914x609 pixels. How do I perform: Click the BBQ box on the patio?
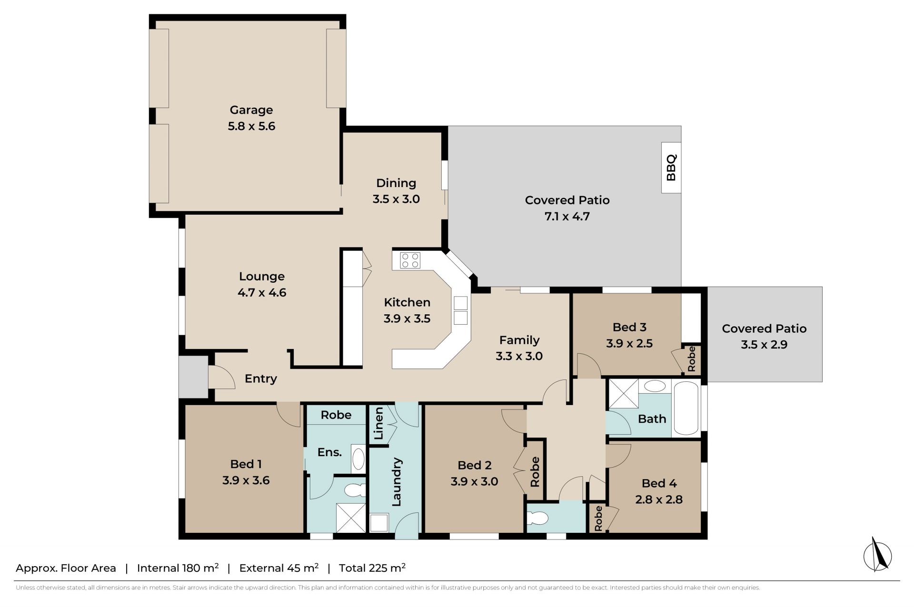coord(671,168)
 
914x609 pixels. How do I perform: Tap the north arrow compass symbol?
coord(878,554)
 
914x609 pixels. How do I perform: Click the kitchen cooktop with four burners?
coord(410,260)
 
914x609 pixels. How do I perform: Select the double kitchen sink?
coord(460,310)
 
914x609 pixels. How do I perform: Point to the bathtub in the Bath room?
coord(686,409)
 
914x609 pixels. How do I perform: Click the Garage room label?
coord(251,110)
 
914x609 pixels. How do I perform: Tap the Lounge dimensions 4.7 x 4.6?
coord(262,292)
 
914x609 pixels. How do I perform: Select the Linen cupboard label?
coord(379,423)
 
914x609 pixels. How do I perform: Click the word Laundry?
coord(397,482)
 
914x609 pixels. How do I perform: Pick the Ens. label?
coord(330,452)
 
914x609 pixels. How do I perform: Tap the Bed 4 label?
coord(659,483)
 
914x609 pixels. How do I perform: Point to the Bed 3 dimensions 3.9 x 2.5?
coord(629,343)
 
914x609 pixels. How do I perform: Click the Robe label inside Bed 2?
coord(535,472)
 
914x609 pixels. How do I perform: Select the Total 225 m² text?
coord(372,568)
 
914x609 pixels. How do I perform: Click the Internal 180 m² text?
coord(178,568)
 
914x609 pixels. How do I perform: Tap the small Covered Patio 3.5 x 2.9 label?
coord(764,337)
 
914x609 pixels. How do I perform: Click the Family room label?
coord(519,340)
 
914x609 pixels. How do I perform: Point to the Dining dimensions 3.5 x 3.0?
coord(396,199)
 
